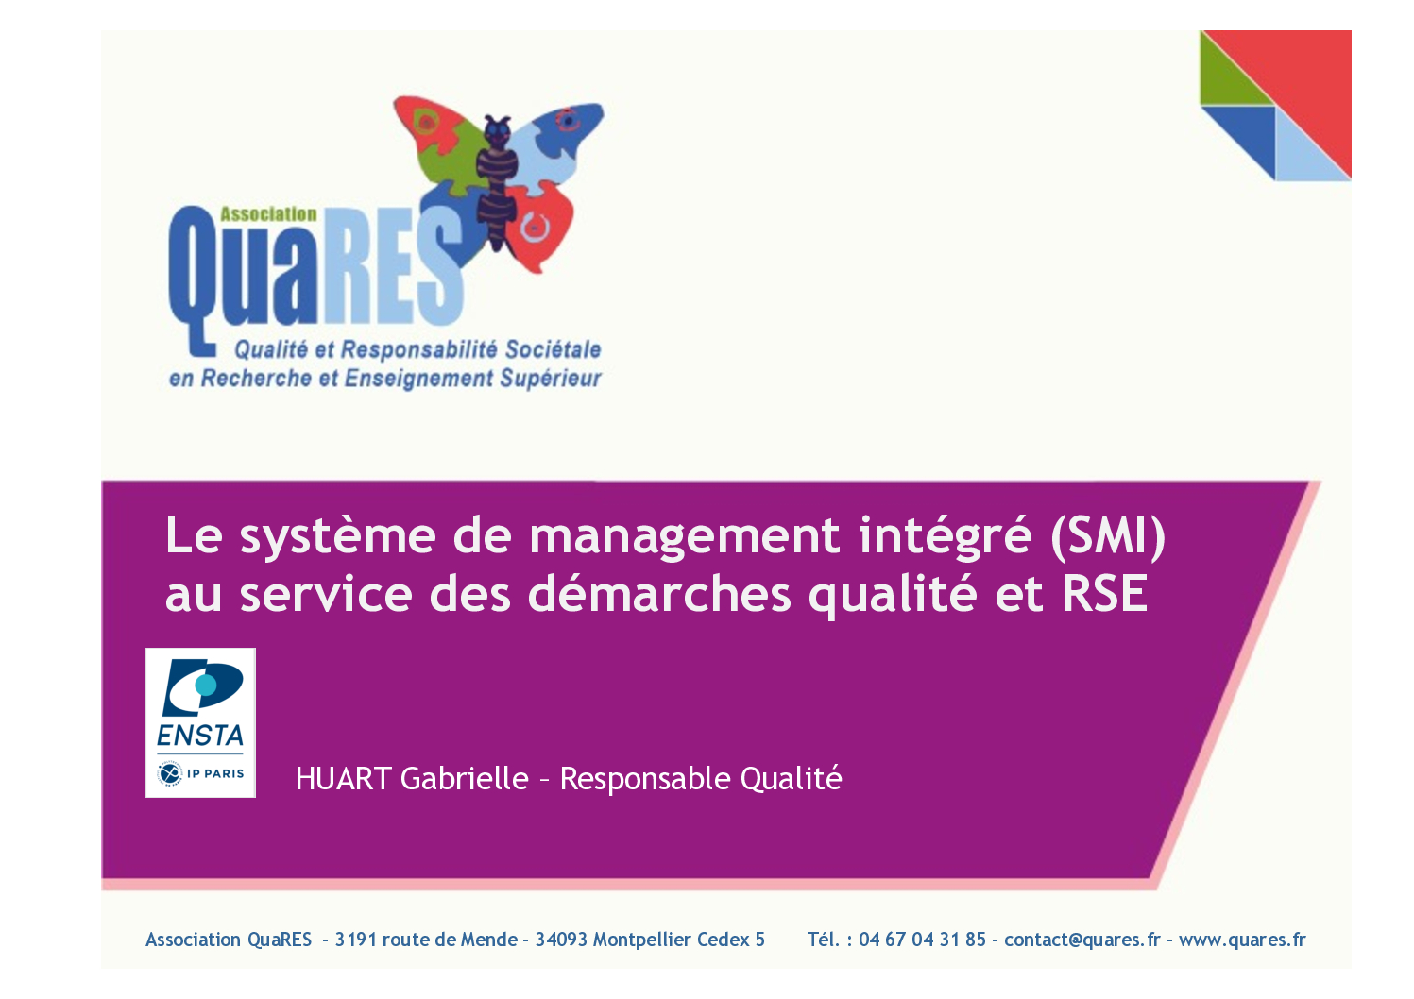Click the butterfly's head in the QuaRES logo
tap(497, 130)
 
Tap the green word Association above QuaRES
tap(268, 214)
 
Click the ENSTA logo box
tap(201, 722)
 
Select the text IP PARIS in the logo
tap(216, 773)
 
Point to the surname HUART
tap(344, 779)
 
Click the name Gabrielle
tap(465, 779)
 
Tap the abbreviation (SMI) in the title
tap(1108, 536)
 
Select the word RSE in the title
tap(1105, 594)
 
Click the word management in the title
tap(685, 536)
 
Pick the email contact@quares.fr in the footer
tap(1082, 940)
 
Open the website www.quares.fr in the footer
tap(1242, 940)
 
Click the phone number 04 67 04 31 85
tap(922, 940)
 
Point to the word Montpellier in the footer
tap(642, 940)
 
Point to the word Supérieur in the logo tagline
tap(551, 378)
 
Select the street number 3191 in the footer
tap(356, 940)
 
